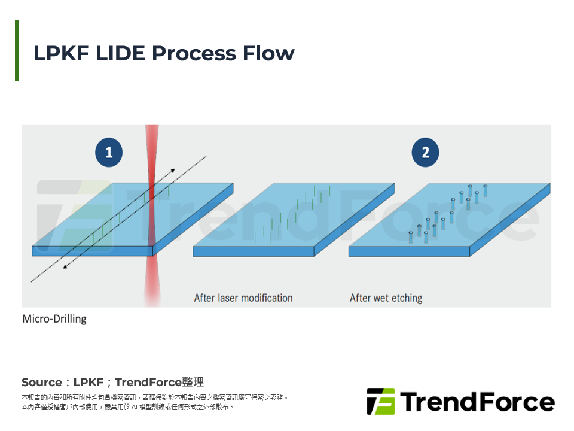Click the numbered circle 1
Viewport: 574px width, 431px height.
tap(109, 153)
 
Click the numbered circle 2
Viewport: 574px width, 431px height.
tap(425, 153)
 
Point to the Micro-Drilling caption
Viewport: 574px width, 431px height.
tap(54, 319)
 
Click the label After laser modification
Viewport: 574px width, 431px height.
tap(243, 298)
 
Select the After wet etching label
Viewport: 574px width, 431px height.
tap(386, 298)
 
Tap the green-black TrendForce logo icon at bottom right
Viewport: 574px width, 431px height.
tap(381, 402)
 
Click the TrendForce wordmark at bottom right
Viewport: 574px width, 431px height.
tap(477, 402)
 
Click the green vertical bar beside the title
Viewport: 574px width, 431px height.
tap(17, 51)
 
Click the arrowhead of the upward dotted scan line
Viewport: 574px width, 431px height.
tap(173, 171)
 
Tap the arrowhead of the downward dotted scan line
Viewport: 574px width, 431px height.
tap(65, 267)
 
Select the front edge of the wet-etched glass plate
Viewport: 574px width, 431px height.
tap(409, 251)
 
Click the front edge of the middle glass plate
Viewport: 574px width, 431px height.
tap(253, 251)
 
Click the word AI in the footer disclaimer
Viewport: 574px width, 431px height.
tap(135, 407)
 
